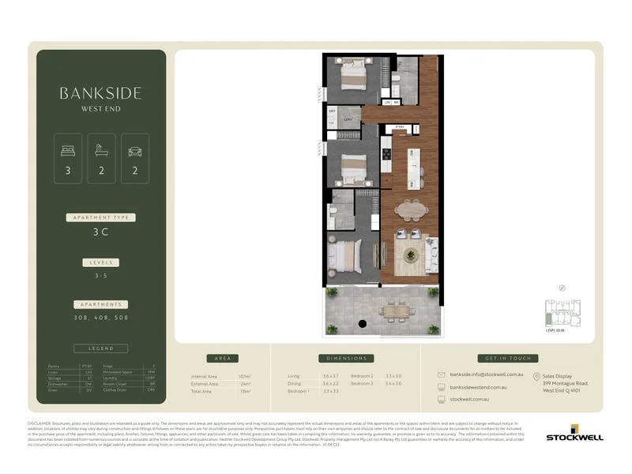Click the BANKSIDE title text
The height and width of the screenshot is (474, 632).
click(x=100, y=92)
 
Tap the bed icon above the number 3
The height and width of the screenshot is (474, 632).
click(x=67, y=150)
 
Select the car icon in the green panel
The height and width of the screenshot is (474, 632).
click(x=134, y=150)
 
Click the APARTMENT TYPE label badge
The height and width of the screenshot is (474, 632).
click(x=100, y=217)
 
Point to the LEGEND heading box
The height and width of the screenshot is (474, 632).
click(x=100, y=348)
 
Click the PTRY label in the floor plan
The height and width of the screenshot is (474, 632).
click(x=400, y=126)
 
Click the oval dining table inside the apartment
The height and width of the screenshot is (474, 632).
click(x=410, y=209)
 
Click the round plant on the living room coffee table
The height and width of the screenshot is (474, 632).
click(x=410, y=255)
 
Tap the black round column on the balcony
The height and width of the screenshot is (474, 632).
click(x=363, y=324)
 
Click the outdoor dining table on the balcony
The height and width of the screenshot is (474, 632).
click(x=393, y=310)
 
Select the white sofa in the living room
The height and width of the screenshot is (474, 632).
click(x=431, y=255)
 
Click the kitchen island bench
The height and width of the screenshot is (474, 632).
click(x=412, y=164)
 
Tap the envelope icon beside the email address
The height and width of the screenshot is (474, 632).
click(x=441, y=375)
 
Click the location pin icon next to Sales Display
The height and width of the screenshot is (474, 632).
click(x=536, y=377)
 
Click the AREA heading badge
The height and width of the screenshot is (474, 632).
click(x=222, y=358)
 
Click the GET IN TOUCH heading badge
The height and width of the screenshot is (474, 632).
click(x=508, y=358)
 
